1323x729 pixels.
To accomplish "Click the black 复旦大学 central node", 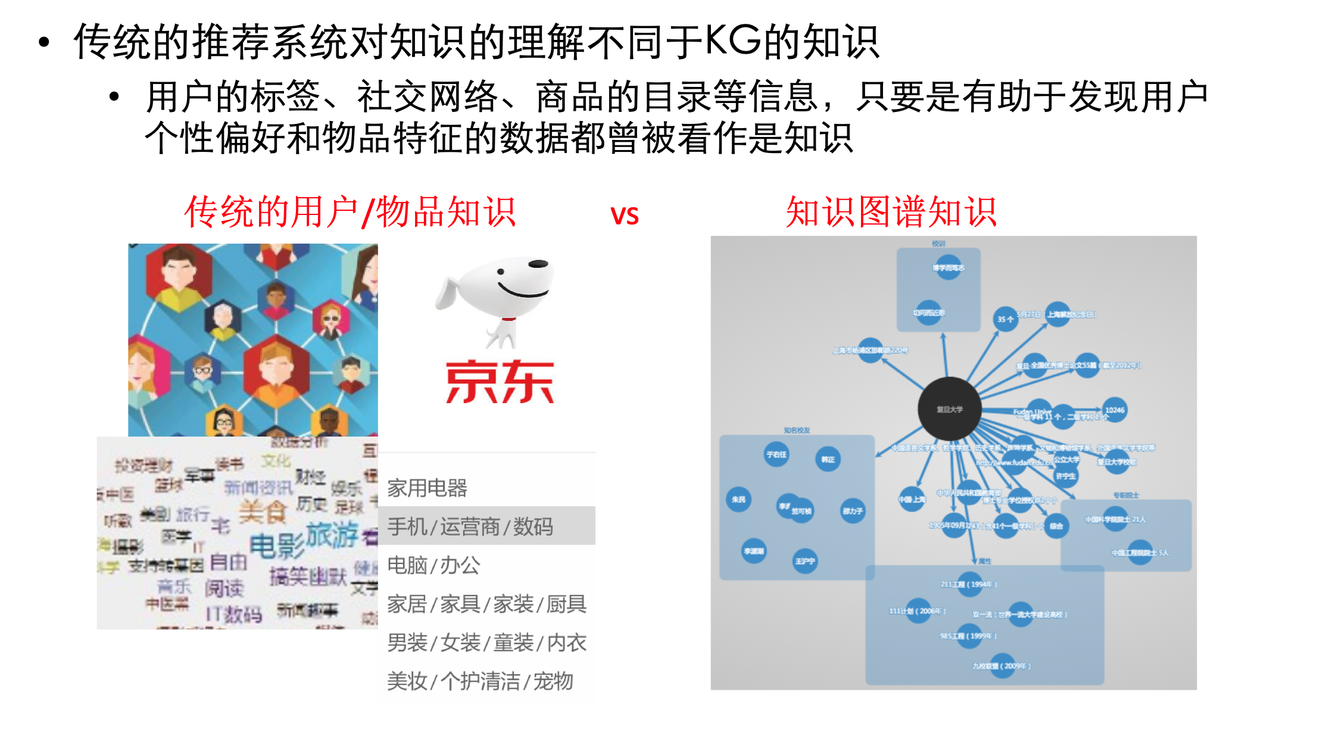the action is click(x=949, y=409).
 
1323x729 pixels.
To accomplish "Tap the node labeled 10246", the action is click(x=1115, y=410).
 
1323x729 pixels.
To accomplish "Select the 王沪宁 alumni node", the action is click(x=805, y=560).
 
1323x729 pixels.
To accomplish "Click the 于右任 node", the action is click(x=776, y=454).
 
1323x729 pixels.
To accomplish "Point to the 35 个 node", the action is click(x=1006, y=319).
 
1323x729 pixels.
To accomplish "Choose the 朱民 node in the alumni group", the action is click(x=738, y=499).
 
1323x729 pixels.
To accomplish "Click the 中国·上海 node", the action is click(x=912, y=499).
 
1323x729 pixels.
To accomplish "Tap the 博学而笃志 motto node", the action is click(x=948, y=267).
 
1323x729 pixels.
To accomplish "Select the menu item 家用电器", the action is click(x=428, y=488).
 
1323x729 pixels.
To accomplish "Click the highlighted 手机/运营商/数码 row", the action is click(x=470, y=526).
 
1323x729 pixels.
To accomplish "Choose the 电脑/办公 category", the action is click(x=433, y=565).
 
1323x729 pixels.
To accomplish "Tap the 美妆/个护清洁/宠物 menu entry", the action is click(x=480, y=681).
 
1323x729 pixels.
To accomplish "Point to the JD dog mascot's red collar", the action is click(x=508, y=319).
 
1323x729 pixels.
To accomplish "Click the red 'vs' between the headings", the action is click(x=624, y=214).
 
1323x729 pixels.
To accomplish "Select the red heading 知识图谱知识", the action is click(x=891, y=212).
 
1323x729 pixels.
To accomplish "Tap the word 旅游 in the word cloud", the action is click(x=332, y=534).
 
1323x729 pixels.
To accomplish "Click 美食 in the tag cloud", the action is click(x=263, y=511).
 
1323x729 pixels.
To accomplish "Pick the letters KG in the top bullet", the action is click(x=732, y=42).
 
